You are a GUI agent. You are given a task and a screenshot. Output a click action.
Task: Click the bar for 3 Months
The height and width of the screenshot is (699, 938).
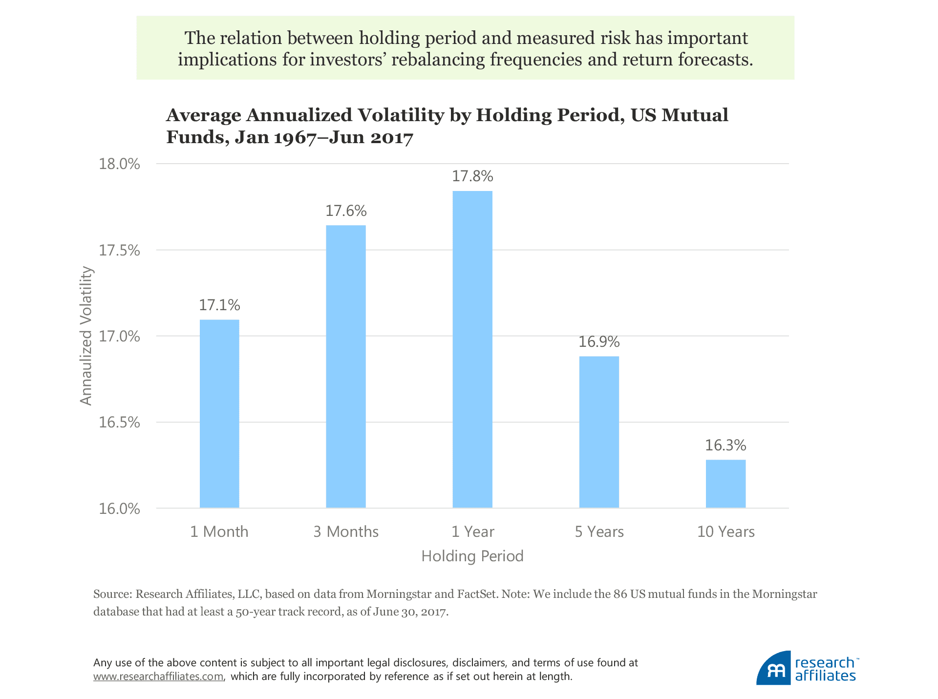coord(346,366)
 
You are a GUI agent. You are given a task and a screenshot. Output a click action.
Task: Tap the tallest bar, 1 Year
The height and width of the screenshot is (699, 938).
coord(472,349)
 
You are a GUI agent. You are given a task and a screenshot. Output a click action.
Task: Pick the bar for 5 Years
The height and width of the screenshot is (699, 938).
coord(599,432)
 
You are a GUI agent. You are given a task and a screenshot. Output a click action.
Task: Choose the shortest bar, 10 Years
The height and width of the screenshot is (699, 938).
coord(725,484)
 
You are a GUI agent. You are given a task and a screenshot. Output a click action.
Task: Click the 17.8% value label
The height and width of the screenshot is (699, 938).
coord(472,176)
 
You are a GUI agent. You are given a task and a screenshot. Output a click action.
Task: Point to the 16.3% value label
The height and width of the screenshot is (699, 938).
coord(725,445)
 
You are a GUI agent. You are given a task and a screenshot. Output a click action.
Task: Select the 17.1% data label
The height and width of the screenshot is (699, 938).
coord(219,305)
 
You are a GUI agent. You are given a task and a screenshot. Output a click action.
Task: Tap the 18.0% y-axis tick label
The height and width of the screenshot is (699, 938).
coord(120,164)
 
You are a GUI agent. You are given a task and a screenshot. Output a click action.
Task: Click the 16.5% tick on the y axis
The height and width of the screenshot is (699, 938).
coord(120,423)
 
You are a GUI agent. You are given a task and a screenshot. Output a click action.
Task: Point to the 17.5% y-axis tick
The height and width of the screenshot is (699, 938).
coord(120,251)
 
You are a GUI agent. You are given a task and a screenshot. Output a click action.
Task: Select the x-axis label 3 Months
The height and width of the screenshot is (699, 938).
coord(346,531)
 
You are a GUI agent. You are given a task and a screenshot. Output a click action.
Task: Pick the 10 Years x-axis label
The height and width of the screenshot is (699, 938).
coord(725,531)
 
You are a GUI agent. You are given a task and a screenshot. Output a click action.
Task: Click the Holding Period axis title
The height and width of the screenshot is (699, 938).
coord(472,556)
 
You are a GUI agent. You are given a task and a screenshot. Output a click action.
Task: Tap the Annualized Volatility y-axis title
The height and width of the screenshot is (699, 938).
coord(86,336)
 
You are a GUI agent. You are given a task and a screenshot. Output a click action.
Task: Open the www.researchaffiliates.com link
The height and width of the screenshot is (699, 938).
coord(158,677)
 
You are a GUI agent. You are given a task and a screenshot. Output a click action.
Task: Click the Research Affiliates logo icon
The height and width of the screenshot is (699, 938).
coord(773,668)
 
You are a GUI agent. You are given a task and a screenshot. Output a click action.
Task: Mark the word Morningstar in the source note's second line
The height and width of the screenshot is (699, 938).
coord(784,594)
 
